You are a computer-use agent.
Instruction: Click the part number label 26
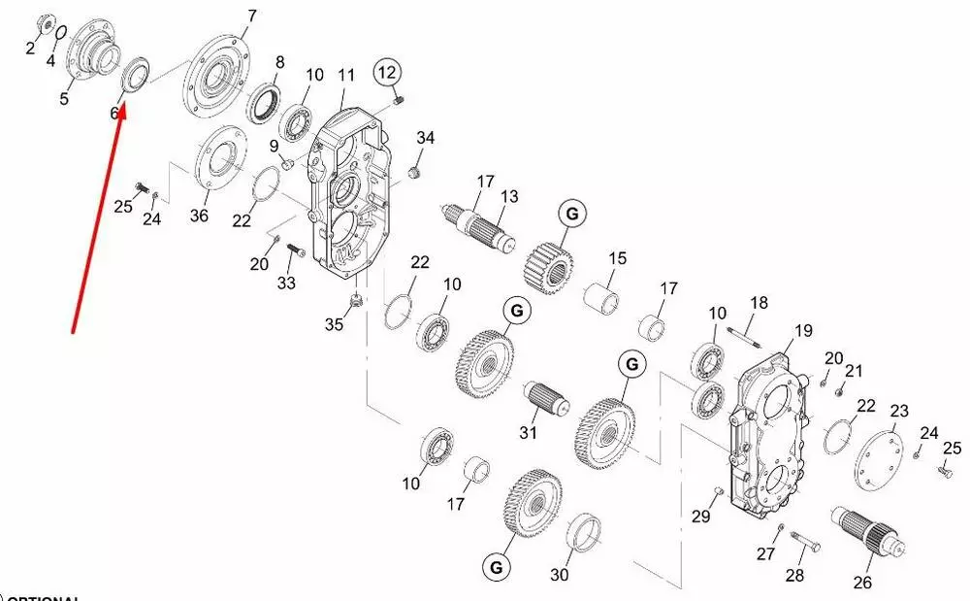[862, 583]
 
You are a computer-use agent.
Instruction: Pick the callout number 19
[802, 331]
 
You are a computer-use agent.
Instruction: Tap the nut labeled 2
[45, 23]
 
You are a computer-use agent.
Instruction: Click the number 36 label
[199, 216]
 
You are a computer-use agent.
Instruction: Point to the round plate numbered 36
[217, 161]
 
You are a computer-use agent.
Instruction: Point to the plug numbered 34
[413, 173]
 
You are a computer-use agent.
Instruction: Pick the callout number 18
[759, 302]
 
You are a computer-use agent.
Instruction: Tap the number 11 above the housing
[347, 75]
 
